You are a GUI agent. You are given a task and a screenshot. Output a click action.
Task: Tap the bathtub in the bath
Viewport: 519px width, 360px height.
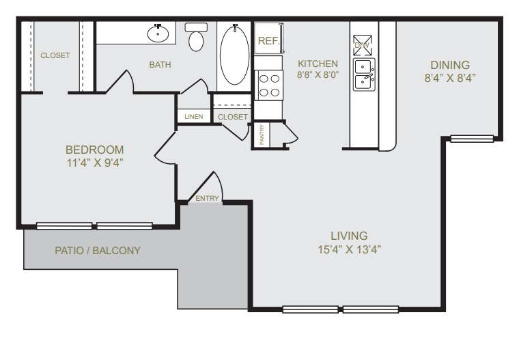pyautogui.click(x=235, y=55)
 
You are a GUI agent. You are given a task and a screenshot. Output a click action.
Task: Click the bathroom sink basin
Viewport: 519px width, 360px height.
pyautogui.click(x=158, y=32)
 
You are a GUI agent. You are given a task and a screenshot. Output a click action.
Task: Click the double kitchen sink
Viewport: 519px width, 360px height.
pyautogui.click(x=363, y=74)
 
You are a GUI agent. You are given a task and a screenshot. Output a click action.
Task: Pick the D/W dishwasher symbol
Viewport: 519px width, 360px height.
pyautogui.click(x=361, y=44)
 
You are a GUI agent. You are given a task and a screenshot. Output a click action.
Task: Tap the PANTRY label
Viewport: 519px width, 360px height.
pyautogui.click(x=262, y=135)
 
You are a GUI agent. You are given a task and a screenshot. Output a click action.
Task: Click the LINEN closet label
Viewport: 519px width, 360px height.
pyautogui.click(x=193, y=117)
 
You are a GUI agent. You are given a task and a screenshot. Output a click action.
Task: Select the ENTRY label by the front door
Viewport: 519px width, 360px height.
pyautogui.click(x=207, y=199)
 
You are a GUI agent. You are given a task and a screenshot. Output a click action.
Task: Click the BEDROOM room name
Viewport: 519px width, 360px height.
pyautogui.click(x=95, y=150)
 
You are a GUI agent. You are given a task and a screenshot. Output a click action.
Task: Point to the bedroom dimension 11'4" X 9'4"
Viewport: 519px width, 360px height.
pyautogui.click(x=95, y=163)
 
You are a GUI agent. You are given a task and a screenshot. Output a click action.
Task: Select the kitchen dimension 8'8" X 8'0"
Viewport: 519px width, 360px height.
pyautogui.click(x=318, y=75)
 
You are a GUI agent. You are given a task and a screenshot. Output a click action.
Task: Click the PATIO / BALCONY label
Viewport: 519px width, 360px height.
pyautogui.click(x=98, y=251)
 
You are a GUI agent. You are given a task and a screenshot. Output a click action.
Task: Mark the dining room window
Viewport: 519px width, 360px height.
pyautogui.click(x=472, y=139)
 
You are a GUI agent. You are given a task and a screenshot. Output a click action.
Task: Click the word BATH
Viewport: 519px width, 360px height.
pyautogui.click(x=160, y=65)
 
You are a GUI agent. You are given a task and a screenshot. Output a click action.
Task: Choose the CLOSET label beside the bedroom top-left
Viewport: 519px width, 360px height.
pyautogui.click(x=55, y=55)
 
